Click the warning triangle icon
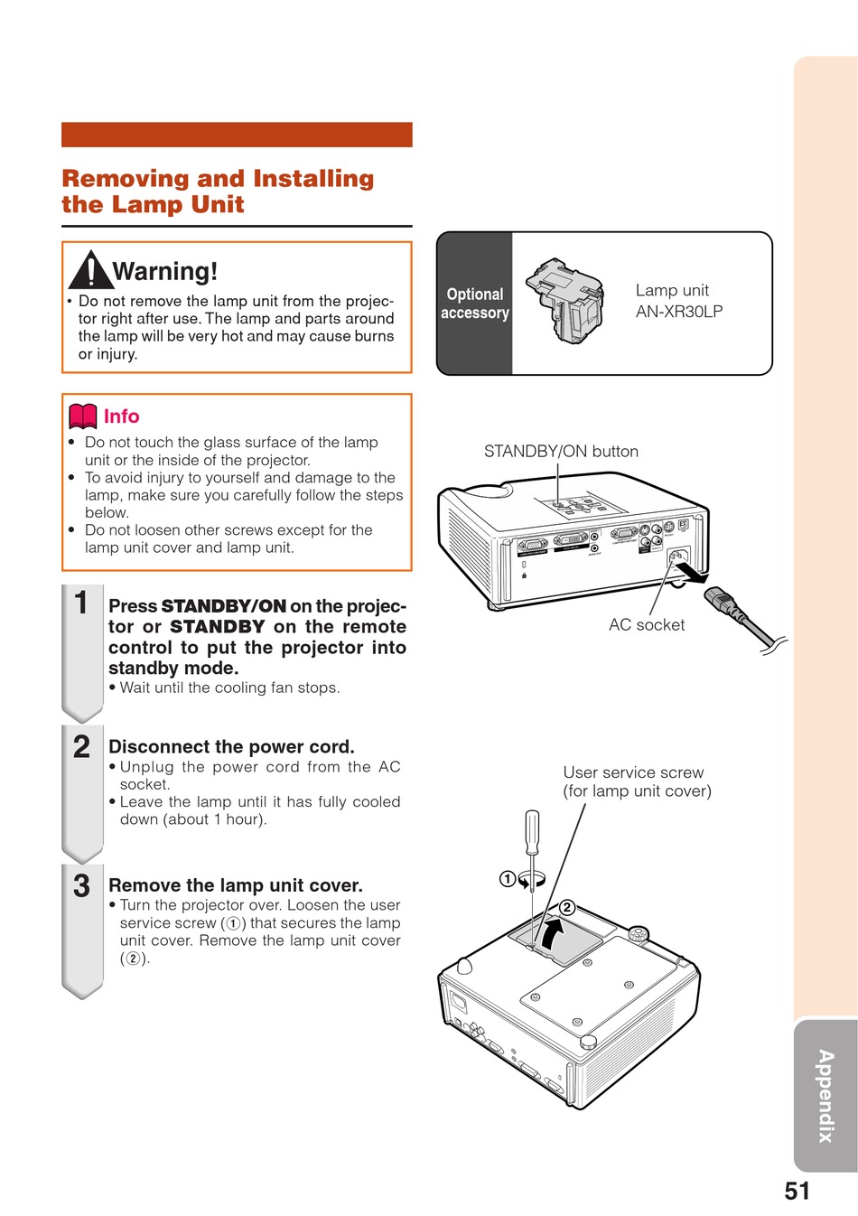[x=90, y=269]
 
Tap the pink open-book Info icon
[x=83, y=416]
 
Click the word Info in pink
[x=121, y=416]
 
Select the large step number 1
[x=81, y=603]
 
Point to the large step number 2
[x=81, y=747]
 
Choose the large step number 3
[x=81, y=886]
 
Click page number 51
[x=797, y=1191]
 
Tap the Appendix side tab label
[x=825, y=1096]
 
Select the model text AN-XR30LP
[x=679, y=312]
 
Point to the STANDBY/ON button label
[x=561, y=452]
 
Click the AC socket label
[x=647, y=625]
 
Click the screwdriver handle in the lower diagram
[x=533, y=832]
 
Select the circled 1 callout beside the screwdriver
[x=508, y=879]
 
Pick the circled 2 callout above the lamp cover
[x=567, y=908]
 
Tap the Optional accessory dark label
[x=475, y=304]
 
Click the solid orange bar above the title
[x=237, y=135]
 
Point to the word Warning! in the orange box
[x=165, y=271]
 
